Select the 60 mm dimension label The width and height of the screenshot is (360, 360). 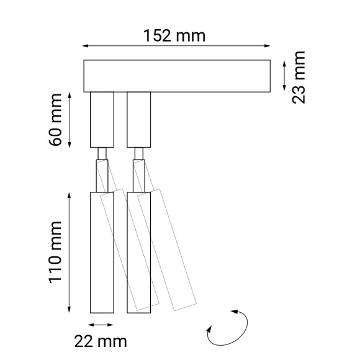[56, 120]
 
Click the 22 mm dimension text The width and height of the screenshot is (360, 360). [101, 341]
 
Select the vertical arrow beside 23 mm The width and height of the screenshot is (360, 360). [284, 76]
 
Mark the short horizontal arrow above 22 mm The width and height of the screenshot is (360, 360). [101, 325]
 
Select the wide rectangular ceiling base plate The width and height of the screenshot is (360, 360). [176, 76]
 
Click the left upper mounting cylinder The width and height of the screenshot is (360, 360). [102, 119]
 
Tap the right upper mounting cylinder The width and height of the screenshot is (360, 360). [139, 119]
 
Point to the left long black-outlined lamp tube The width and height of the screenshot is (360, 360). [102, 251]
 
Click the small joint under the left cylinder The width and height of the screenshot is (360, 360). [102, 153]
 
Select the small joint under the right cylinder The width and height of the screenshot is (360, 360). [139, 153]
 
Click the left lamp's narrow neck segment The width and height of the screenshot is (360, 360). [102, 176]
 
